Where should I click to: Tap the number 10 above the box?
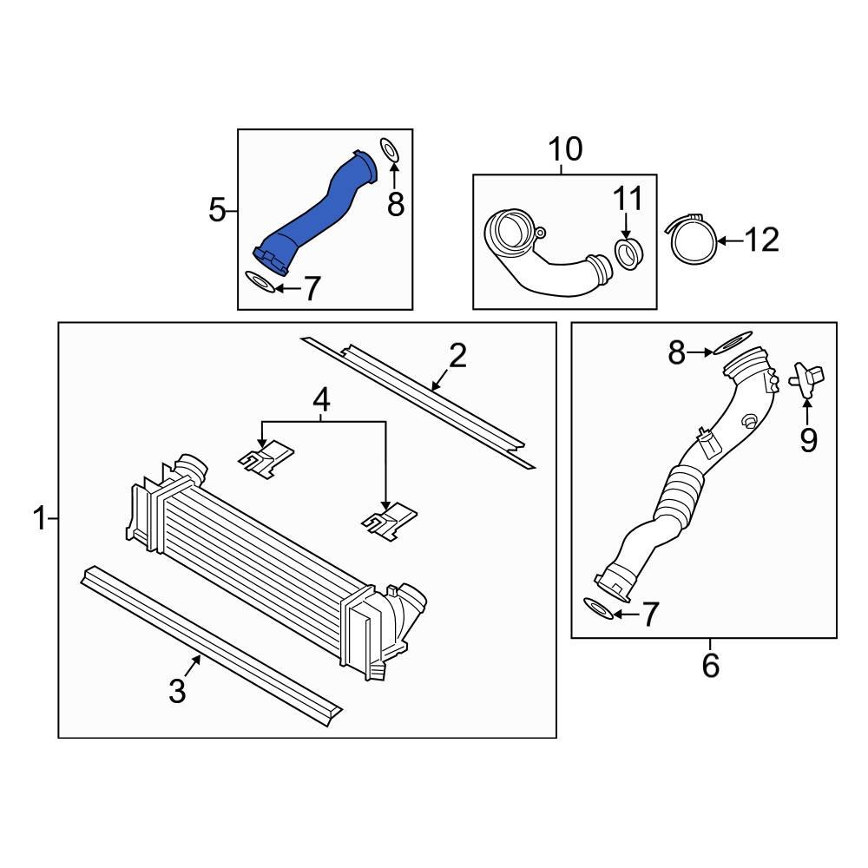click(564, 150)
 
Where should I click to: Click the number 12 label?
click(761, 240)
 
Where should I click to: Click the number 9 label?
click(808, 441)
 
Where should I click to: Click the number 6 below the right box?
click(710, 666)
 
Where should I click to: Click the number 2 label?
click(457, 355)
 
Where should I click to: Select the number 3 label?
click(177, 691)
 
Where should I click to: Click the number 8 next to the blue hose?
click(395, 204)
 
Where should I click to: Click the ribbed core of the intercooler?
click(260, 538)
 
